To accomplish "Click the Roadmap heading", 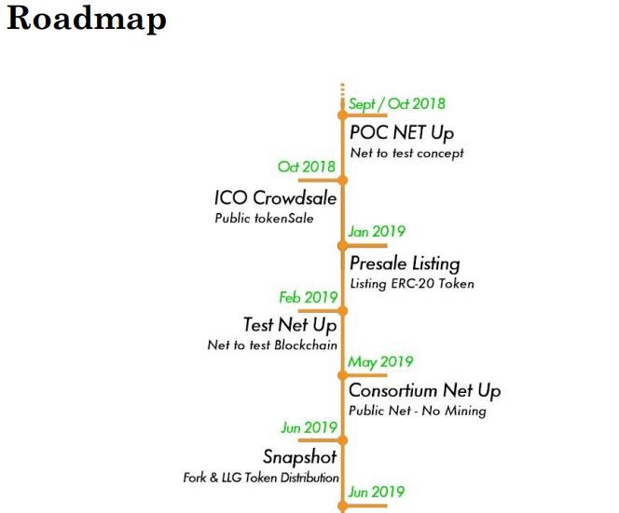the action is pyautogui.click(x=87, y=19).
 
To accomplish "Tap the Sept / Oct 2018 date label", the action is pyautogui.click(x=397, y=104).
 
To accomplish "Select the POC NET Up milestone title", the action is pyautogui.click(x=402, y=132).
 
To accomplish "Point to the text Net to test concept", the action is pyautogui.click(x=407, y=153).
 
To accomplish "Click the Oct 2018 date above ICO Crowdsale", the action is pyautogui.click(x=307, y=167).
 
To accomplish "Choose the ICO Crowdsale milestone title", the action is pyautogui.click(x=276, y=197).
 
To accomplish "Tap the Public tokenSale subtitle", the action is pyautogui.click(x=264, y=218).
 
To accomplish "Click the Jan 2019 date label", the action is pyautogui.click(x=377, y=231).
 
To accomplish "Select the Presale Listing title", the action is pyautogui.click(x=405, y=263).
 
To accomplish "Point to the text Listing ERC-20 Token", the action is pyautogui.click(x=412, y=284).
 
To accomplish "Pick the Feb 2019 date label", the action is pyautogui.click(x=309, y=297).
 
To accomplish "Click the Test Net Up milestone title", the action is pyautogui.click(x=290, y=325).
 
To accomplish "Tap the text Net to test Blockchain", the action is pyautogui.click(x=272, y=345).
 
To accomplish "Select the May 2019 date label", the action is pyautogui.click(x=380, y=362).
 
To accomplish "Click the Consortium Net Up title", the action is pyautogui.click(x=425, y=391).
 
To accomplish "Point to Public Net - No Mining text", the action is pyautogui.click(x=418, y=411).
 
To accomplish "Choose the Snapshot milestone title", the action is pyautogui.click(x=300, y=456).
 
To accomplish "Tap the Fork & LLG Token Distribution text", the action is pyautogui.click(x=261, y=478).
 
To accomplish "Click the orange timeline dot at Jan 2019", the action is pyautogui.click(x=343, y=246).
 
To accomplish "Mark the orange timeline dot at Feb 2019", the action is pyautogui.click(x=343, y=311).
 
